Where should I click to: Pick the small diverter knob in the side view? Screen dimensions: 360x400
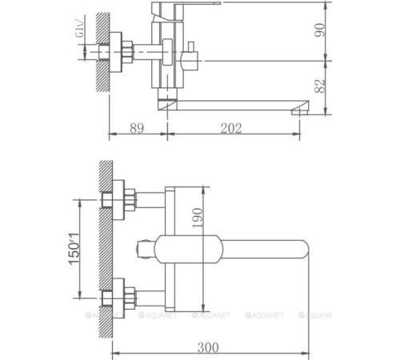tap(193, 58)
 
